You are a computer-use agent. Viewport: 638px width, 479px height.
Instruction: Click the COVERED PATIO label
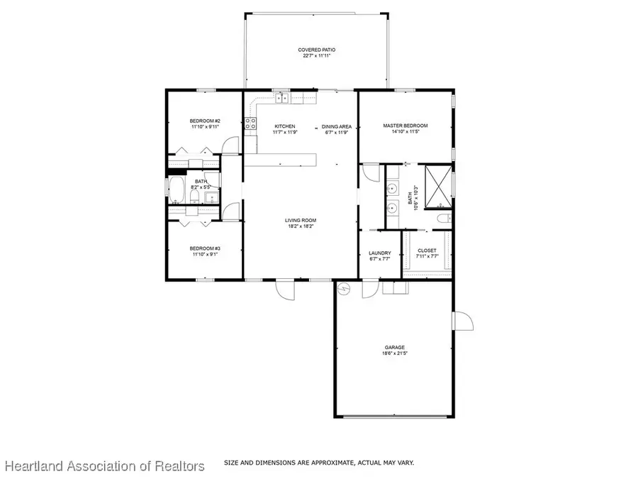[x=316, y=50]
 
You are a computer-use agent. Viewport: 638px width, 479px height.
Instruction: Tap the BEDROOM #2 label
[x=205, y=121]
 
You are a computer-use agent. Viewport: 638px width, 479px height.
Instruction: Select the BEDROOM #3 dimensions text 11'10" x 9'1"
[x=205, y=254]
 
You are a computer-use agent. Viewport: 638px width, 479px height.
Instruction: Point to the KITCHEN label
[x=285, y=126]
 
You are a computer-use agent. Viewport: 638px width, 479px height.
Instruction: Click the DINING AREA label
[x=337, y=126]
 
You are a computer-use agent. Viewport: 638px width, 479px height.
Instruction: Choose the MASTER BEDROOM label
[x=405, y=126]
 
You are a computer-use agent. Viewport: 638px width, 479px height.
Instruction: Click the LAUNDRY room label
[x=380, y=253]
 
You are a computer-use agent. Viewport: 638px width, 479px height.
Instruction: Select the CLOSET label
[x=427, y=250]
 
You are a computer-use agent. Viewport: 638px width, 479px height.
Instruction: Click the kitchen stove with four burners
[x=250, y=124]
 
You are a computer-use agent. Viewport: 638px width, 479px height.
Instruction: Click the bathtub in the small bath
[x=177, y=190]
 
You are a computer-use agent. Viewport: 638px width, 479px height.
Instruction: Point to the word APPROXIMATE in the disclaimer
[x=318, y=463]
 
